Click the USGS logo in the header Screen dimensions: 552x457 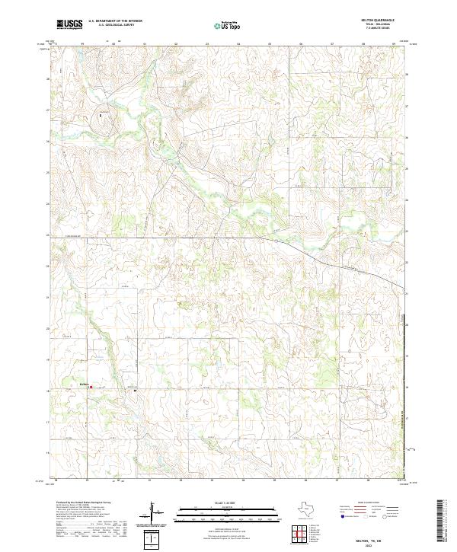coord(69,24)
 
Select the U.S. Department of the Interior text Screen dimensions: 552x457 coord(113,21)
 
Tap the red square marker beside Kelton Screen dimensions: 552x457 coord(91,388)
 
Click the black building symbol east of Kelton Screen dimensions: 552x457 coord(136,391)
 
